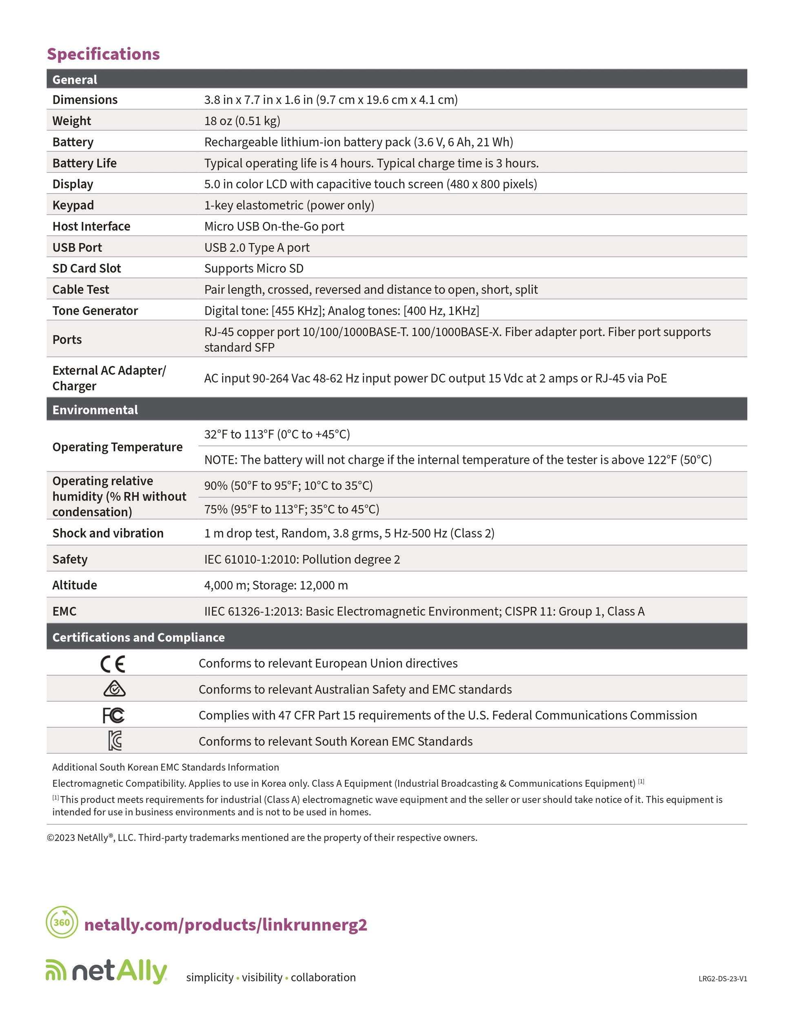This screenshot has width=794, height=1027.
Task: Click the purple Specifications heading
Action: point(103,54)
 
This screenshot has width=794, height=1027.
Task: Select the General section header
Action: point(74,80)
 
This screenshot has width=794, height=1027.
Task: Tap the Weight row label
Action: point(71,121)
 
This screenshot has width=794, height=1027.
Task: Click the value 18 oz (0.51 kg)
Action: point(242,121)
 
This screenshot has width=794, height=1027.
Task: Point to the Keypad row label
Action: point(73,205)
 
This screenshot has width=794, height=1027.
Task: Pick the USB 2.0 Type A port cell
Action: point(256,247)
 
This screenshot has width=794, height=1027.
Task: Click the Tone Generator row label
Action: point(95,310)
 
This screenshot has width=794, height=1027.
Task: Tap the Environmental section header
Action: point(95,409)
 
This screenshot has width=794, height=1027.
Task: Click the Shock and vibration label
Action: point(108,533)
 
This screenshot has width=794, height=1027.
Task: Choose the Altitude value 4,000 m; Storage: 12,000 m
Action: point(276,585)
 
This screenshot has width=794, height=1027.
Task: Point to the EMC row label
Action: point(64,611)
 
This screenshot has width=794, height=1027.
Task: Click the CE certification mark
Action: point(113,664)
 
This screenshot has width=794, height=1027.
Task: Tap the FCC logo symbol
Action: point(113,715)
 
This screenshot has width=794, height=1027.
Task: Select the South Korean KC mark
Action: point(114,741)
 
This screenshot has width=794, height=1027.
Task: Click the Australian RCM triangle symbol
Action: point(114,689)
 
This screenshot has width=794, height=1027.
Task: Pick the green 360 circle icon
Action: point(62,922)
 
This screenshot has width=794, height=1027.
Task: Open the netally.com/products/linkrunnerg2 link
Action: point(225,925)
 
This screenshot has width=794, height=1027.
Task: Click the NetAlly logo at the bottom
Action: point(106,972)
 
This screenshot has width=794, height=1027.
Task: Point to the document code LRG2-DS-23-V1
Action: point(722,978)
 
